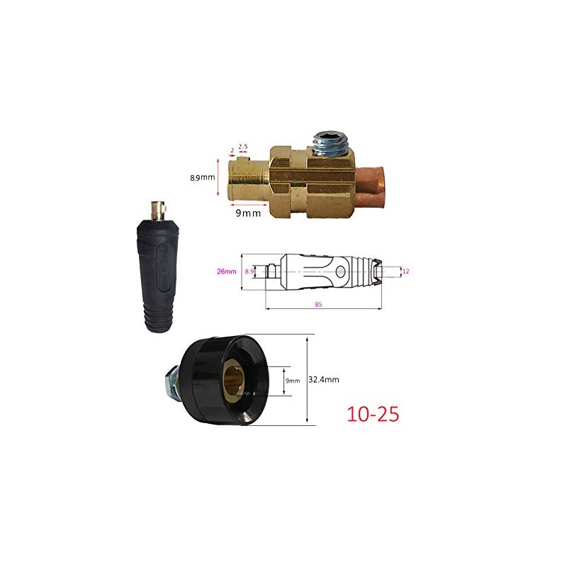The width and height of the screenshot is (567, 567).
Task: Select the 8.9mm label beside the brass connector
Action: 201,178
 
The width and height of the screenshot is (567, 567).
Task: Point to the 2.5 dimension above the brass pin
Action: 242,147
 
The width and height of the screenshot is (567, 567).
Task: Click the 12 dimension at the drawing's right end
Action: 405,271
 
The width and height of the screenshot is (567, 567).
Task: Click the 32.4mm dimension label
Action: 323,380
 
